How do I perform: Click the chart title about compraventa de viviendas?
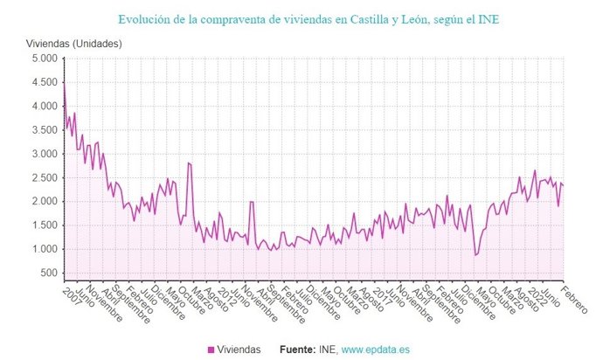[x=301, y=17]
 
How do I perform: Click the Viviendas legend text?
[x=238, y=350]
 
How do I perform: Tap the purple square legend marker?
[x=211, y=350]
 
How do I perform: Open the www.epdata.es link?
[x=377, y=350]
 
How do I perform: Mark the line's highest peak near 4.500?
[x=64, y=84]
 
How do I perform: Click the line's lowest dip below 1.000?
[x=475, y=255]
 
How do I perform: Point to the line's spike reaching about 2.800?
[x=189, y=163]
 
